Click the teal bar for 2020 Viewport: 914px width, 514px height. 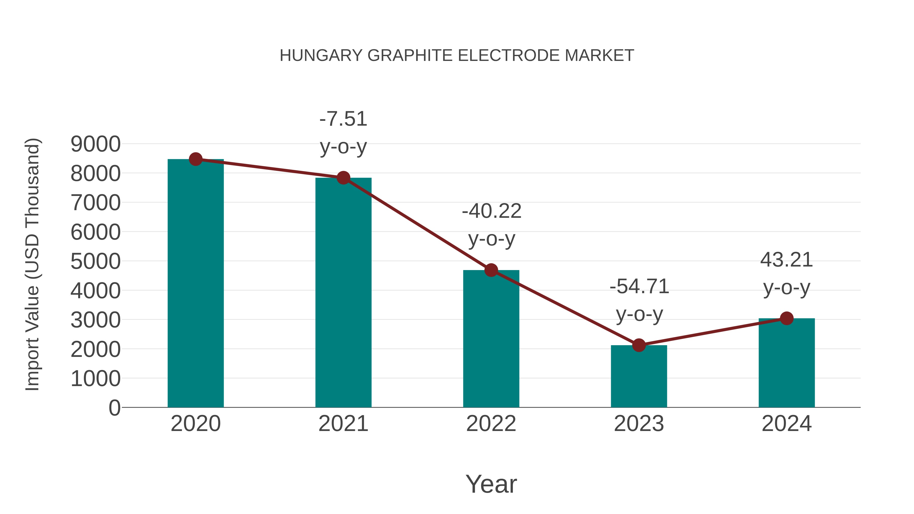[195, 284]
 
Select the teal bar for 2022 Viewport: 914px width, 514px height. [491, 339]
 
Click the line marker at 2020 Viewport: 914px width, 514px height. [195, 159]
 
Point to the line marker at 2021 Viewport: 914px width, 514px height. [343, 178]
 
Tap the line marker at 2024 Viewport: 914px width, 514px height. [787, 318]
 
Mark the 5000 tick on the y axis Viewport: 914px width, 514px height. [95, 261]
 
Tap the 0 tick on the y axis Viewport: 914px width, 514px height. [114, 408]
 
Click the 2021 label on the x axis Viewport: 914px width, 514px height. [343, 424]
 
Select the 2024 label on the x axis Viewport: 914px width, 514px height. [787, 424]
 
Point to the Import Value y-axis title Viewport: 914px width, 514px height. [32, 264]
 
